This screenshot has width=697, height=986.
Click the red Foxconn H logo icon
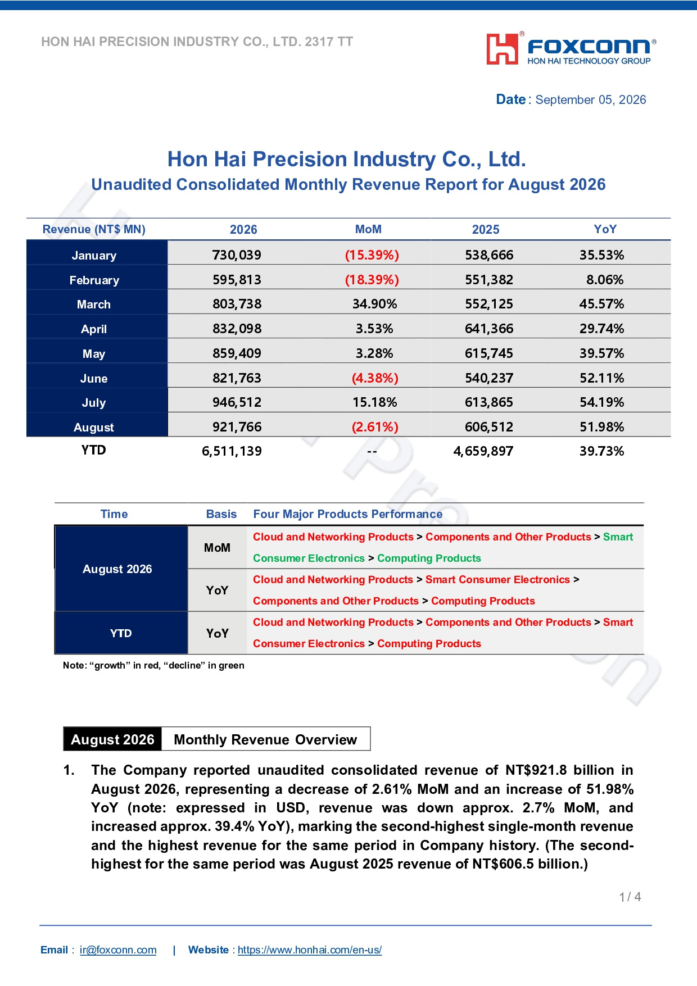tap(502, 49)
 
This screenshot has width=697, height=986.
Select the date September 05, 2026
tap(591, 100)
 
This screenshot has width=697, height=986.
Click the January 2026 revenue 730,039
tap(237, 255)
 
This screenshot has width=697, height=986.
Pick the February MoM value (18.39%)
tap(372, 280)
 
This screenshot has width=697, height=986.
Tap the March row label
tap(94, 305)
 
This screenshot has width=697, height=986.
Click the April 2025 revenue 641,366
tap(489, 329)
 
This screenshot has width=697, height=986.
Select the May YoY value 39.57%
tap(601, 353)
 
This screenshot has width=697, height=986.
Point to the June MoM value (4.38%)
tap(375, 378)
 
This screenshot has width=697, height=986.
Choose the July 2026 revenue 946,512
tap(237, 402)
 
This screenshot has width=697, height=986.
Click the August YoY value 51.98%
tap(601, 427)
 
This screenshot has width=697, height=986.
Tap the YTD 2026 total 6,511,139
tap(232, 451)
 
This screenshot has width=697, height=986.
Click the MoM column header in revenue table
tap(368, 229)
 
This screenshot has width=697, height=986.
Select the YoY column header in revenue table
tap(605, 229)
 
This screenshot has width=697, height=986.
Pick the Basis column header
tap(221, 514)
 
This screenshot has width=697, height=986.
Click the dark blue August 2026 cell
tap(121, 569)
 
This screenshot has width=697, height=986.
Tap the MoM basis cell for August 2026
tap(217, 548)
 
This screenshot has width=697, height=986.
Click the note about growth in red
tap(153, 665)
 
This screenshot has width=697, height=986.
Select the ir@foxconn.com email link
tap(118, 950)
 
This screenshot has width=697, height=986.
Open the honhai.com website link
tap(310, 950)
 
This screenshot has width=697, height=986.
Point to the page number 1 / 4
tap(630, 897)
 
